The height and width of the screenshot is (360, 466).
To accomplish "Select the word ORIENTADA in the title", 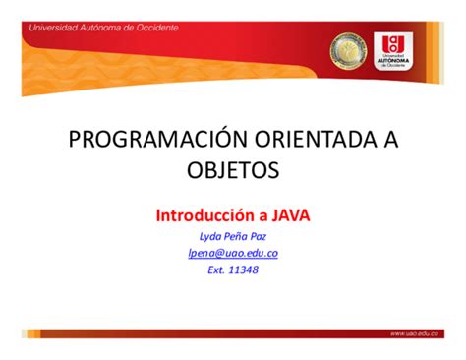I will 296,140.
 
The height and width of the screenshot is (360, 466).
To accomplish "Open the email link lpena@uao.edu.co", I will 232,253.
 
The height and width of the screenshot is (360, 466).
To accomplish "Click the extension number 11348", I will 242,270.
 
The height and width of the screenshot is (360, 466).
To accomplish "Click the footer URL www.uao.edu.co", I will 417,333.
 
